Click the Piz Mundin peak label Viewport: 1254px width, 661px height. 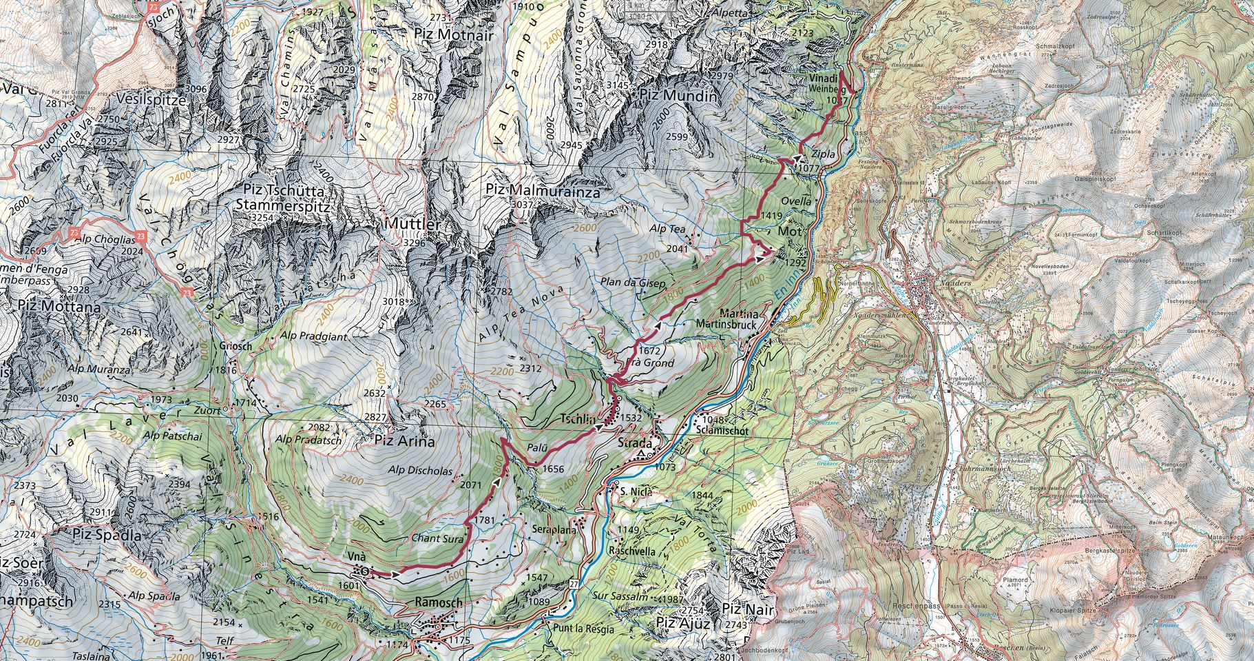click(678, 96)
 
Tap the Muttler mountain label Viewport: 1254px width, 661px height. click(412, 224)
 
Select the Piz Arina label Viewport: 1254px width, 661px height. click(404, 442)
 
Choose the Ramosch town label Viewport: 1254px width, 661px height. click(439, 602)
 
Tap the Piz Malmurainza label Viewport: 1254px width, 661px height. click(543, 190)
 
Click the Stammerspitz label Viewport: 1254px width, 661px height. click(283, 205)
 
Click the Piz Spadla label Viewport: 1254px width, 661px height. click(107, 535)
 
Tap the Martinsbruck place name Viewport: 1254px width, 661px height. click(726, 324)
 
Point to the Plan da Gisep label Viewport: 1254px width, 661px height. click(634, 283)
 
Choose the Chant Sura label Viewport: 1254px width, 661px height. click(437, 538)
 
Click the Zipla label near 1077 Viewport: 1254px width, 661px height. click(824, 154)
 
